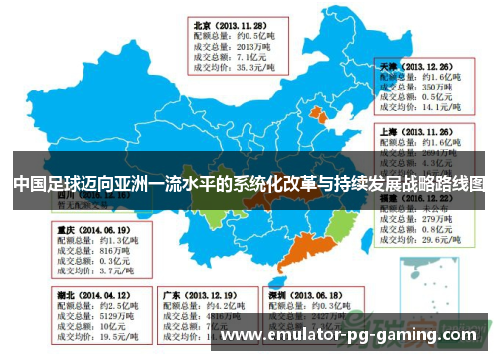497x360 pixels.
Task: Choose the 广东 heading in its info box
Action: [x=172, y=295]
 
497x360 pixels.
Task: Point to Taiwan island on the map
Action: [x=370, y=261]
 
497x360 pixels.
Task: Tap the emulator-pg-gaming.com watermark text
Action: [x=358, y=337]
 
